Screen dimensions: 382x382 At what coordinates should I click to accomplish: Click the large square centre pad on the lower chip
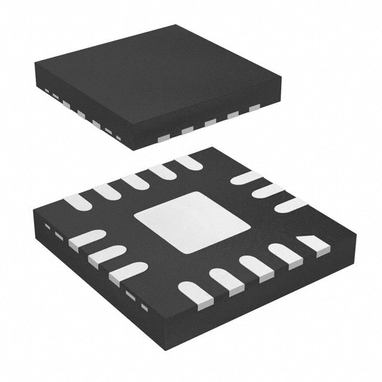pyautogui.click(x=192, y=222)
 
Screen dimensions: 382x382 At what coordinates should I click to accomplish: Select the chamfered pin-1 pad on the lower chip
pyautogui.click(x=313, y=244)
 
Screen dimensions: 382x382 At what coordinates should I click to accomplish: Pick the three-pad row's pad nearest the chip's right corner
pyautogui.click(x=290, y=205)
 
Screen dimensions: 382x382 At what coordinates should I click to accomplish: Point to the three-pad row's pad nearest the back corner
pyautogui.click(x=246, y=178)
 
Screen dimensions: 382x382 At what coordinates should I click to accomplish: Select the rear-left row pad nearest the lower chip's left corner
pyautogui.click(x=78, y=202)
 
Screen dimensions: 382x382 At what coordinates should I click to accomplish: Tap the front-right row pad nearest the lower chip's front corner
pyautogui.click(x=196, y=294)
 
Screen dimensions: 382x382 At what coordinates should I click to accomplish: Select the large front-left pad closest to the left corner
pyautogui.click(x=87, y=239)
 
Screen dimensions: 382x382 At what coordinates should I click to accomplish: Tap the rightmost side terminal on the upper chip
pyautogui.click(x=255, y=108)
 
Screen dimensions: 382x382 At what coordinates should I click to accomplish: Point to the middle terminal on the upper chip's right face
pyautogui.click(x=210, y=122)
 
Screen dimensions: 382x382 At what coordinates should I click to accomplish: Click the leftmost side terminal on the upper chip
pyautogui.click(x=45, y=90)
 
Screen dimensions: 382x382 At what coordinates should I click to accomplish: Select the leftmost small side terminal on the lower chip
pyautogui.click(x=47, y=227)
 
